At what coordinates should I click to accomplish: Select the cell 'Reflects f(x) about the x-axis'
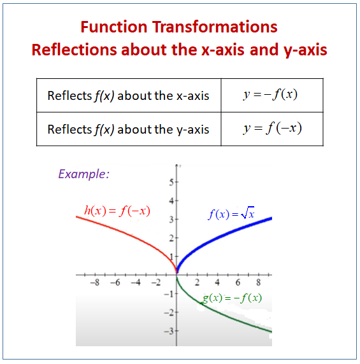point(128,96)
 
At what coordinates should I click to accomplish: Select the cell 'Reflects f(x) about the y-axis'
point(128,129)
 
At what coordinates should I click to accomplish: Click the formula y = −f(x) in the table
point(271,95)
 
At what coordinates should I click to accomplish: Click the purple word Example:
point(83,174)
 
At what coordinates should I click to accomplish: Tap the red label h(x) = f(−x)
point(117,211)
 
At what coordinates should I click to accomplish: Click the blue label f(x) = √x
point(231,214)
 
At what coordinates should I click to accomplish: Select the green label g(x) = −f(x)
point(232,298)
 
